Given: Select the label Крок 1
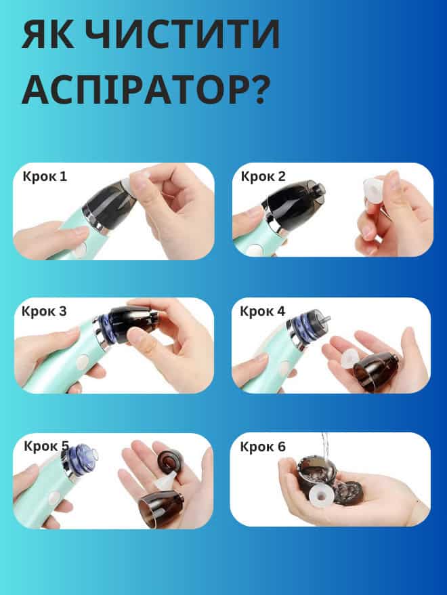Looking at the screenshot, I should pyautogui.click(x=45, y=177).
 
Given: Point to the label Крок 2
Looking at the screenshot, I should pyautogui.click(x=263, y=177).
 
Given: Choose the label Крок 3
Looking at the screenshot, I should pyautogui.click(x=44, y=312).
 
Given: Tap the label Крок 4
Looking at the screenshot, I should pyautogui.click(x=263, y=311).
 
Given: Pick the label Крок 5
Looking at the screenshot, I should pyautogui.click(x=46, y=446).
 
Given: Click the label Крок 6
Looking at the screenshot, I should pyautogui.click(x=263, y=447).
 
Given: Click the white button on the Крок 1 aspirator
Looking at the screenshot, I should pyautogui.click(x=80, y=250).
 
